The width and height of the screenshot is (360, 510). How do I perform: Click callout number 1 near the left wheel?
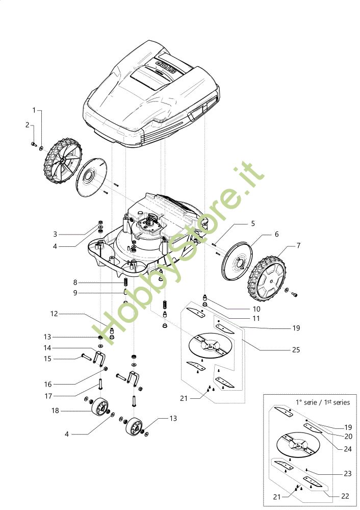pyautogui.click(x=35, y=110)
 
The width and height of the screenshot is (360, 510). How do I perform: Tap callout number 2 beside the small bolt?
pyautogui.click(x=28, y=124)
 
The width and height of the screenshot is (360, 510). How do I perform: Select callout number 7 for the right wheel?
pyautogui.click(x=299, y=246)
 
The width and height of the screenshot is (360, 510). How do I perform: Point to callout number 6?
pyautogui.click(x=277, y=234)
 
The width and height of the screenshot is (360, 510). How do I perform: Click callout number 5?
pyautogui.click(x=252, y=224)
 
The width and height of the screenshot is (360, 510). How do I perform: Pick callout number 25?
pyautogui.click(x=295, y=350)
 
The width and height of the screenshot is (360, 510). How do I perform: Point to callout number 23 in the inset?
pyautogui.click(x=348, y=474)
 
